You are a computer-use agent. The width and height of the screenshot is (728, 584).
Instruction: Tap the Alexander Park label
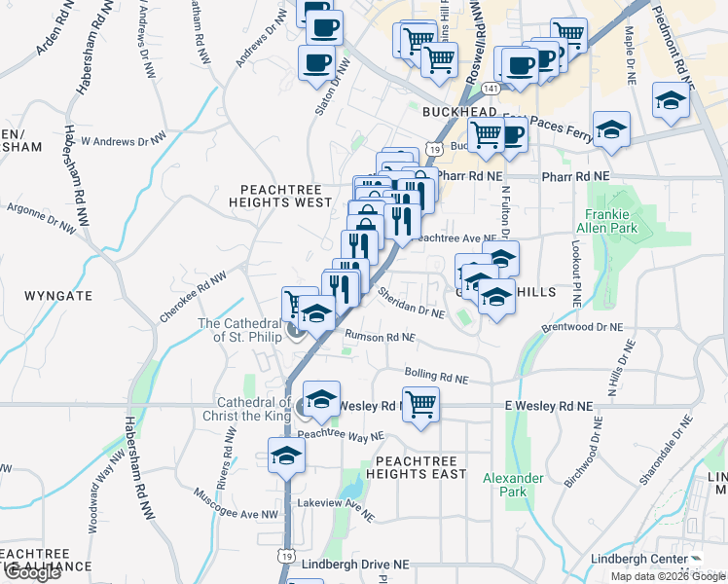click(513, 485)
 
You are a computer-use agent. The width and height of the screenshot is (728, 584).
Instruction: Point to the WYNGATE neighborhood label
click(58, 295)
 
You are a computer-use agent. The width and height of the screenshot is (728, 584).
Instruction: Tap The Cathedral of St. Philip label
click(239, 331)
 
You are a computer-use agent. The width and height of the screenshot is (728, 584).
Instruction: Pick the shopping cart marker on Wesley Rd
click(420, 403)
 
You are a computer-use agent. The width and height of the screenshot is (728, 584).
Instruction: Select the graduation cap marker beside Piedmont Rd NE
click(671, 100)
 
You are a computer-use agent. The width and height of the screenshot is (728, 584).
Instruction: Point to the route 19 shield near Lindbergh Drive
click(284, 555)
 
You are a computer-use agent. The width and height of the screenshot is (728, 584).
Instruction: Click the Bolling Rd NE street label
click(436, 377)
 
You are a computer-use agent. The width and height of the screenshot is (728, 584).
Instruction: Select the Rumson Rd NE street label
click(380, 338)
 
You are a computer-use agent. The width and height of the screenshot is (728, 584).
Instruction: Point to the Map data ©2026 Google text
click(668, 576)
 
